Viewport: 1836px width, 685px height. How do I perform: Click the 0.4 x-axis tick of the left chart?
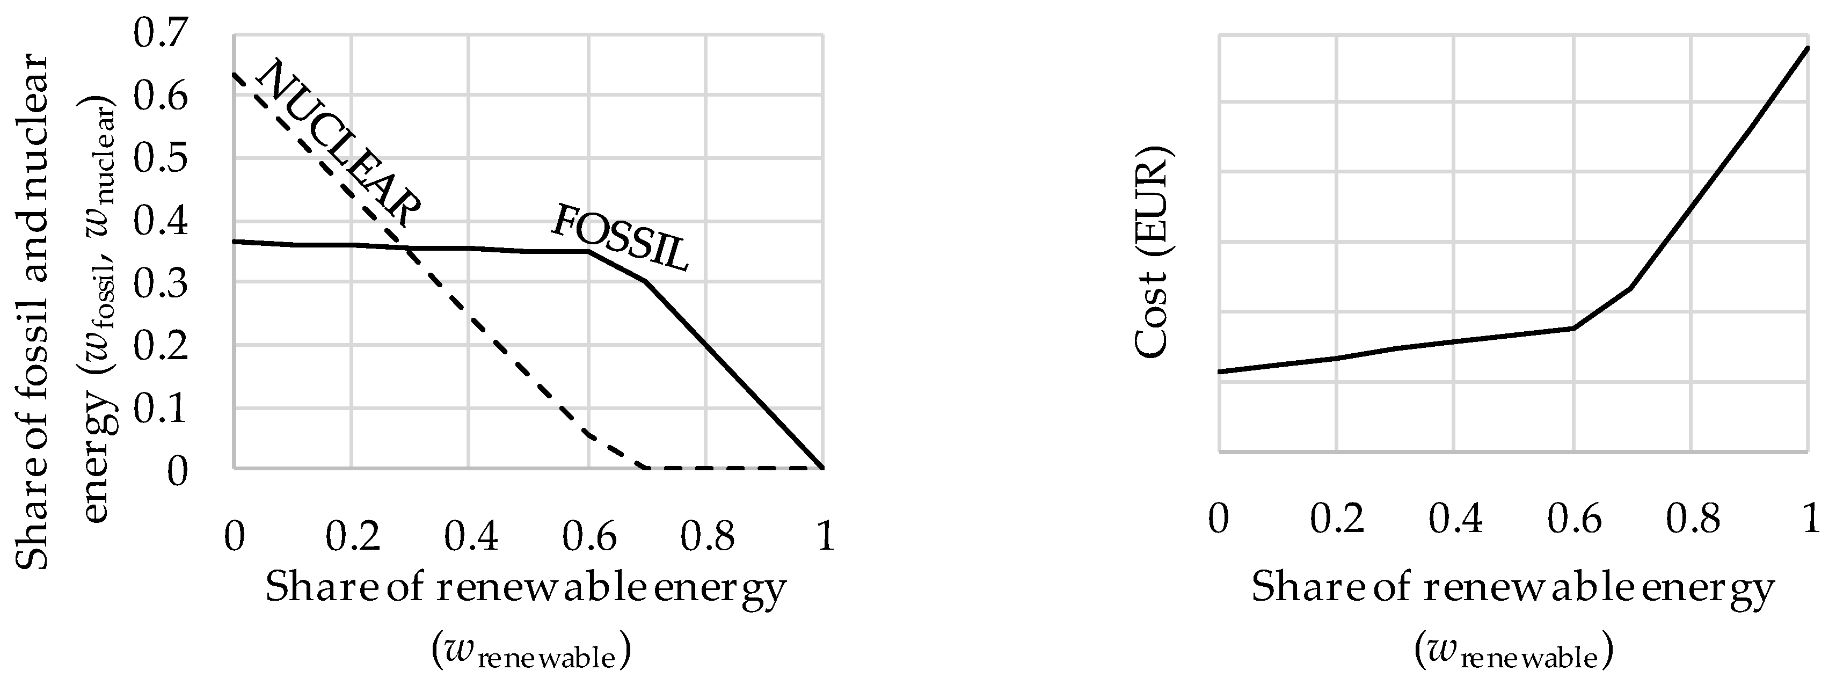click(x=470, y=536)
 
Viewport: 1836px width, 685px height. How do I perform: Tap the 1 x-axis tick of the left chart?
click(x=825, y=536)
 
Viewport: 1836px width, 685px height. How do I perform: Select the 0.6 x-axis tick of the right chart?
click(x=1573, y=518)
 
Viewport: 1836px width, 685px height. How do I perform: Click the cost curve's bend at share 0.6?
click(x=1573, y=328)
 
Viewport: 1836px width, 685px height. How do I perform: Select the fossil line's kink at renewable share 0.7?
click(x=646, y=281)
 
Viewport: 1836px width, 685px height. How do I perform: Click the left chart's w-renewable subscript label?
click(x=531, y=653)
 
